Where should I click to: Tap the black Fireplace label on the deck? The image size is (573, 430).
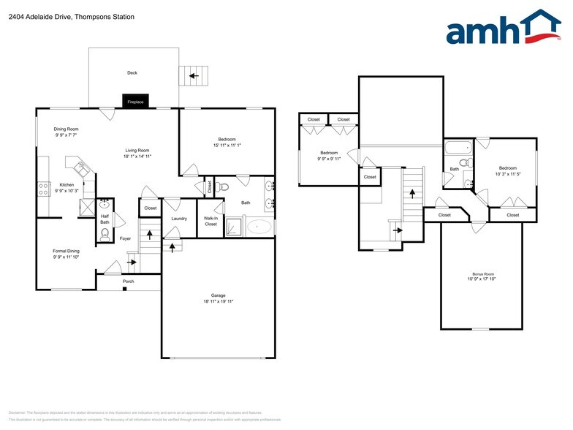coord(136,102)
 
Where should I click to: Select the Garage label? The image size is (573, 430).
coord(219,295)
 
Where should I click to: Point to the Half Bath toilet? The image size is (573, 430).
coord(105,234)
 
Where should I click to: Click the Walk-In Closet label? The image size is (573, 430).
coord(210,221)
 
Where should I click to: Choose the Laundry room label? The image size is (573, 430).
coord(179,219)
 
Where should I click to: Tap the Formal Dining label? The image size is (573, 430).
coord(67,251)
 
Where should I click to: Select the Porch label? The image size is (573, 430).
coord(128,281)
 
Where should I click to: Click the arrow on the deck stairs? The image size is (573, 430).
coord(194,75)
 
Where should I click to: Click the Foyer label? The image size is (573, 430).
coord(126,238)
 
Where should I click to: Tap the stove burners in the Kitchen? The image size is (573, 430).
coord(43,189)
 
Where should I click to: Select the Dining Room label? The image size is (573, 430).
coord(67,129)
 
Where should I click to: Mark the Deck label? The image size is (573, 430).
coord(132,73)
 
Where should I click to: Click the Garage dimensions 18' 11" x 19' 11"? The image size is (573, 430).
coord(219,301)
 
